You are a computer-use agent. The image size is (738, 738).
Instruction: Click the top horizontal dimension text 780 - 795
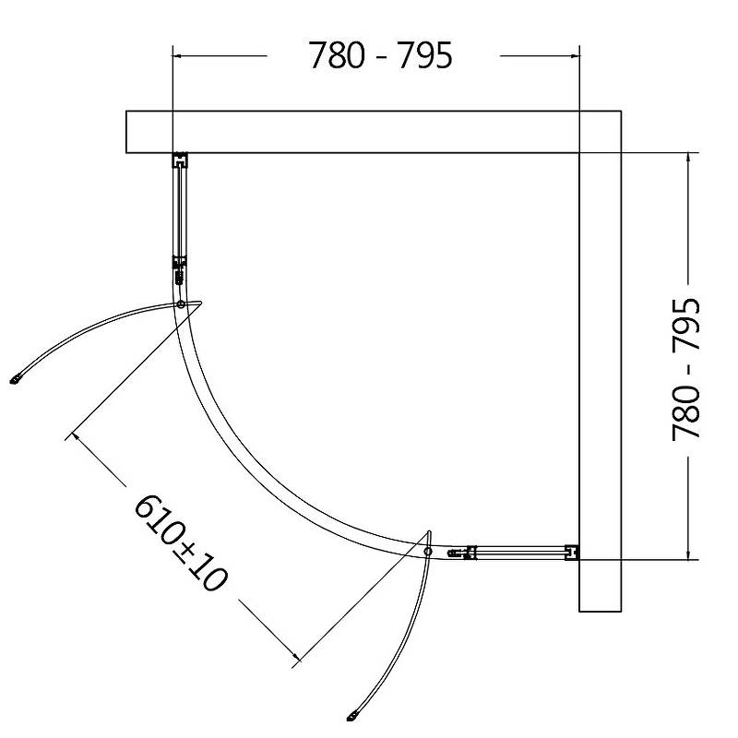click(380, 55)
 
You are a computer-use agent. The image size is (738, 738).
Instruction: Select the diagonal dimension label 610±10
click(181, 542)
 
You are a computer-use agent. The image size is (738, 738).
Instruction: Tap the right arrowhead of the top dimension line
click(574, 55)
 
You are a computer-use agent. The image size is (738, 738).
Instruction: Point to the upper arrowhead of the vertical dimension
click(688, 158)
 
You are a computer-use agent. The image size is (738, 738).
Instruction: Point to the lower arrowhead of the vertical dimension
click(688, 554)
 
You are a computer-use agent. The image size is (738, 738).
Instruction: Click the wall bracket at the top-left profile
click(179, 160)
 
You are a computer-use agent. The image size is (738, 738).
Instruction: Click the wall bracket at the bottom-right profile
click(572, 553)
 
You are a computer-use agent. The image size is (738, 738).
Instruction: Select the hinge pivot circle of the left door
click(180, 304)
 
